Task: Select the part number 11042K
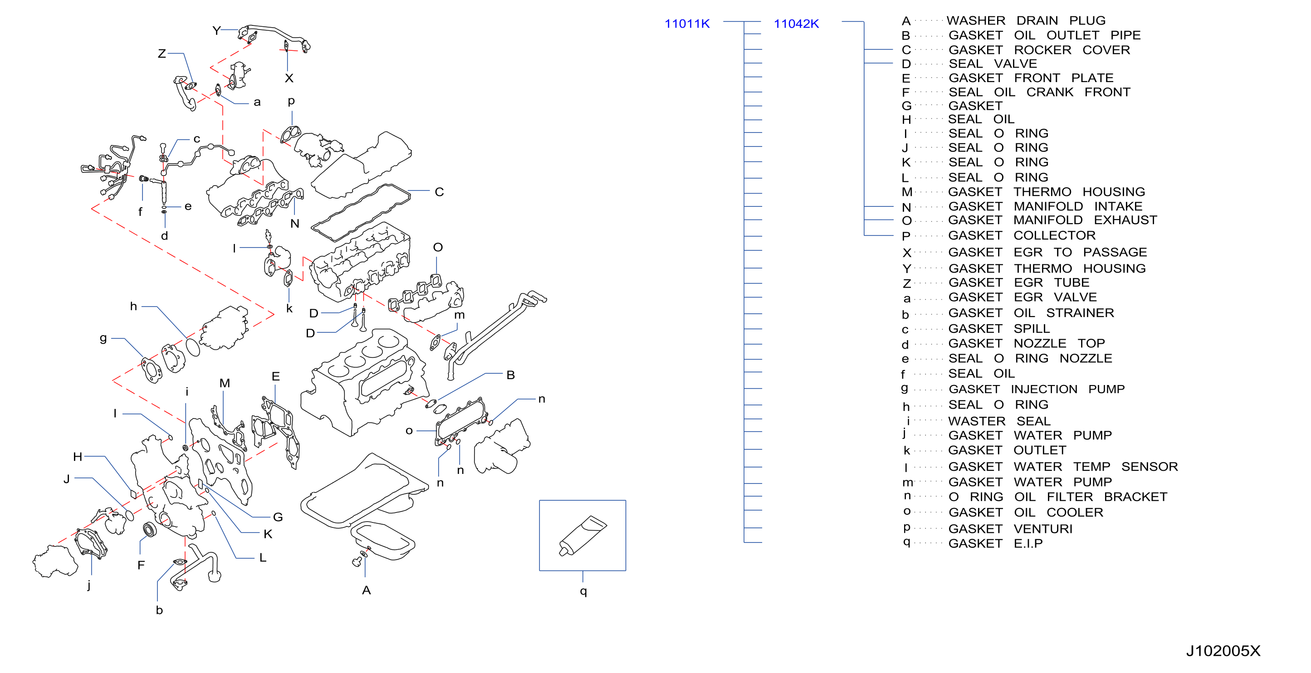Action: pos(796,24)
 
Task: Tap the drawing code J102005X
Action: pos(1223,651)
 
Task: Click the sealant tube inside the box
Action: pos(583,536)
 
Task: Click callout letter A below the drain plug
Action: pos(367,590)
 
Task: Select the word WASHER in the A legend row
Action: pos(976,20)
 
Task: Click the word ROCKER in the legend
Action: pos(1042,50)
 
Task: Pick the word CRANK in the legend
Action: pos(1049,92)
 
